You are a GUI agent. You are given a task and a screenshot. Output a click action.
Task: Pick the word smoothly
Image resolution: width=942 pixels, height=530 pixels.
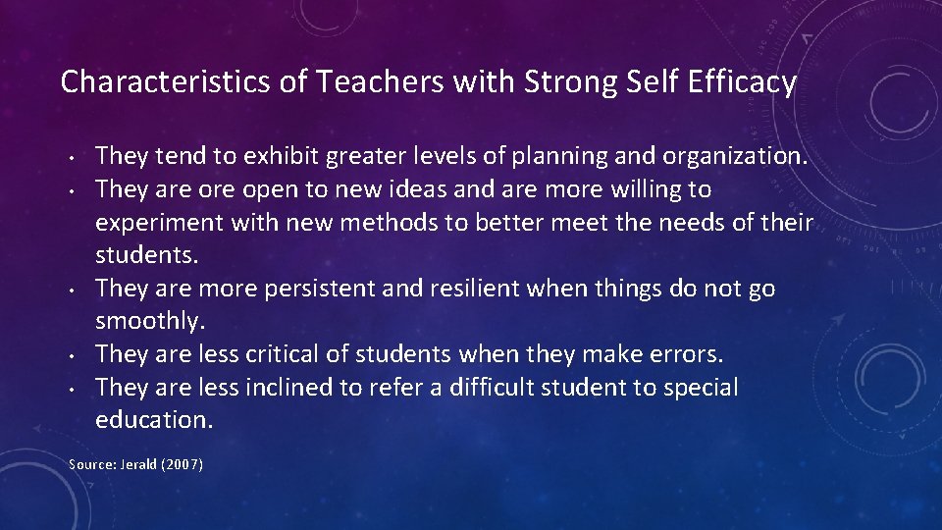148,321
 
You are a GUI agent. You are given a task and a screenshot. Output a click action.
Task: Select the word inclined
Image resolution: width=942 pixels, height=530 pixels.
287,388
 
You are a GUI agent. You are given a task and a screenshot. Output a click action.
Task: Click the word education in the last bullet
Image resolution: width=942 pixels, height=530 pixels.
154,420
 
